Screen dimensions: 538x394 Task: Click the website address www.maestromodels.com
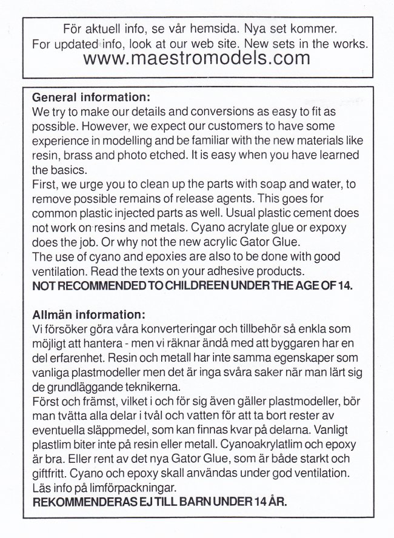198,59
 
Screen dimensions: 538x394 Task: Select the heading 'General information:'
90,97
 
